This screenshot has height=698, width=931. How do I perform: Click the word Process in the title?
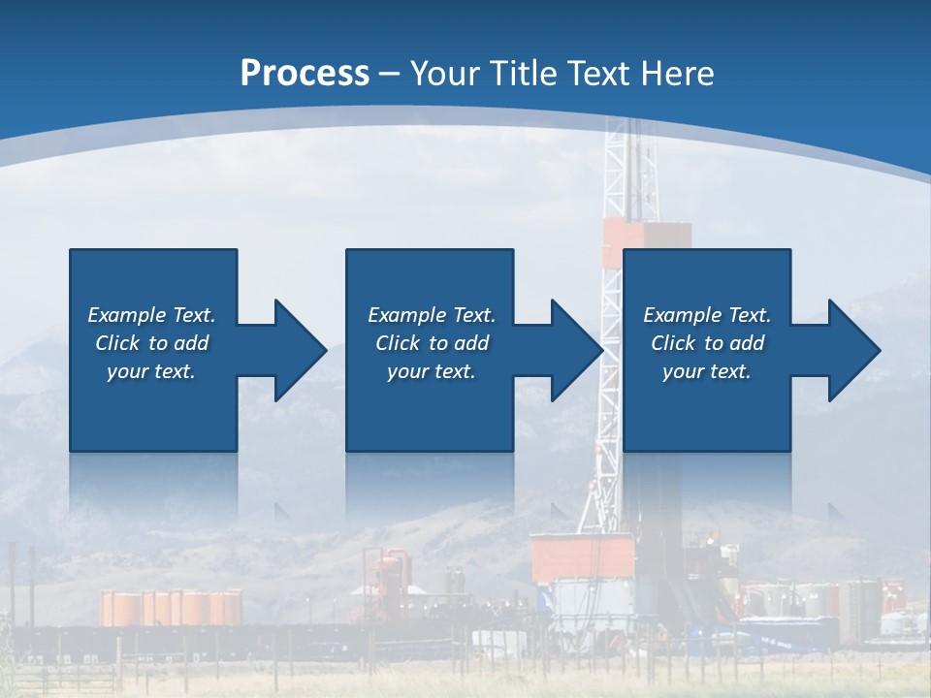(305, 73)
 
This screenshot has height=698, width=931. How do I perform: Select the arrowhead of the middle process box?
(576, 350)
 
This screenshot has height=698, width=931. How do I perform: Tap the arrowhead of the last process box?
(853, 350)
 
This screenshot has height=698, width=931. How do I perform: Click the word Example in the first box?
(126, 315)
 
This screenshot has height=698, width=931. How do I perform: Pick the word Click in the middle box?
(398, 343)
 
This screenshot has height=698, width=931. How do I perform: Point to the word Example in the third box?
(682, 315)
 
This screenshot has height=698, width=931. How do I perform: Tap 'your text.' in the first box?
(151, 371)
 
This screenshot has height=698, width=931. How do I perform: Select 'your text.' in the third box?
(707, 371)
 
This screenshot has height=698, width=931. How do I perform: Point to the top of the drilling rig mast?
(625, 126)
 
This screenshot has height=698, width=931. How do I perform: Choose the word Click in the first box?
(117, 343)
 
